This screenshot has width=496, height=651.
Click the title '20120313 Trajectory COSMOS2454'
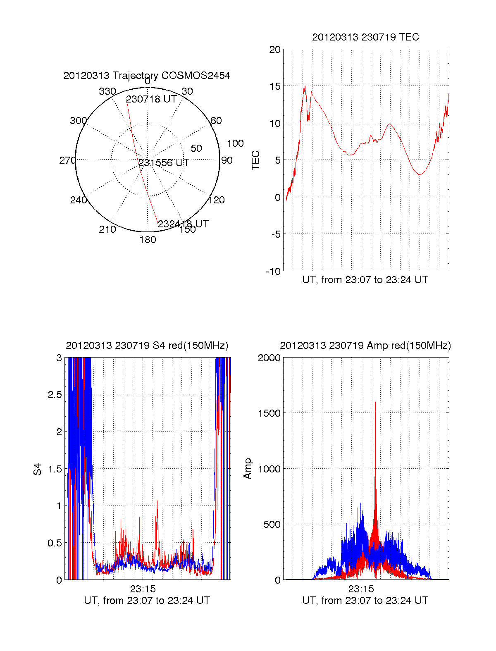point(147,76)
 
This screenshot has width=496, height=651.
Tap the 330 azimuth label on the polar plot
point(107,91)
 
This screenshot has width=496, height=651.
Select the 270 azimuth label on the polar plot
point(67,160)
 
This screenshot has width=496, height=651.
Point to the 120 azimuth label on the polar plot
point(217,200)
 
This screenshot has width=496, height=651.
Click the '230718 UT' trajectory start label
point(151,99)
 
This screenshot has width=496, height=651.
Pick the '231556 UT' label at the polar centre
point(164,163)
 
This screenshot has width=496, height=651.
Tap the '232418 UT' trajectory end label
point(183,224)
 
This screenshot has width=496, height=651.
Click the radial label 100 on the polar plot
point(235,143)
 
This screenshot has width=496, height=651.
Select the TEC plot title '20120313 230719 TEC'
point(365,37)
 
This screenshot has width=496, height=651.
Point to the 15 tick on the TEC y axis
point(275,86)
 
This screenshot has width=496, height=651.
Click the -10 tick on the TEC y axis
point(273,271)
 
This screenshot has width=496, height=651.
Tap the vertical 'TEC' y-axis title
point(256,160)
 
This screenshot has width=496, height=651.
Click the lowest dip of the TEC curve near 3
point(420,175)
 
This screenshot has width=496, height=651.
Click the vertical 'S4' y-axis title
point(38,469)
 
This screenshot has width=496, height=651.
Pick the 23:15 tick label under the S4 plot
point(143,589)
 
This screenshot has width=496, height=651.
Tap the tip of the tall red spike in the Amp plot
point(375,402)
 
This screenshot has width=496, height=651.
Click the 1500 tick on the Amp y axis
point(269,413)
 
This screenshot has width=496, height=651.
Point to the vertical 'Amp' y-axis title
point(248,469)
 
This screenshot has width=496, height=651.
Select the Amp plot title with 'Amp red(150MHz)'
point(365,346)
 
